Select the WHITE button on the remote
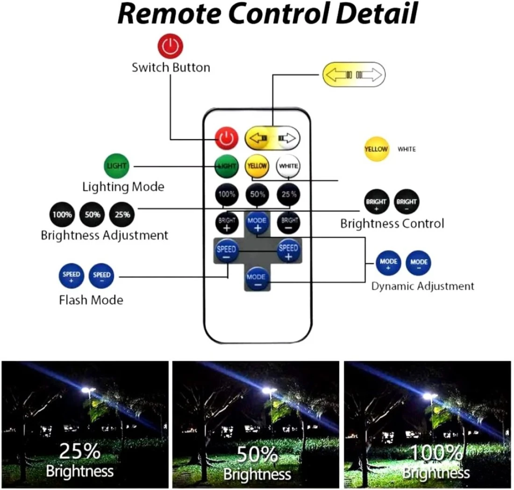click(x=288, y=165)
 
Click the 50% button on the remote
click(x=257, y=194)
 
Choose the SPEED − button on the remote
click(x=226, y=252)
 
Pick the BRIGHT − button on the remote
click(x=288, y=222)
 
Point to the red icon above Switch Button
click(x=171, y=47)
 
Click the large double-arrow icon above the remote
click(x=354, y=74)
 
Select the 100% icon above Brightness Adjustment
click(x=62, y=215)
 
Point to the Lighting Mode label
click(x=123, y=187)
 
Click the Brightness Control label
click(x=392, y=223)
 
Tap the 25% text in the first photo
click(x=80, y=452)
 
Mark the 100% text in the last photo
click(x=436, y=454)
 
